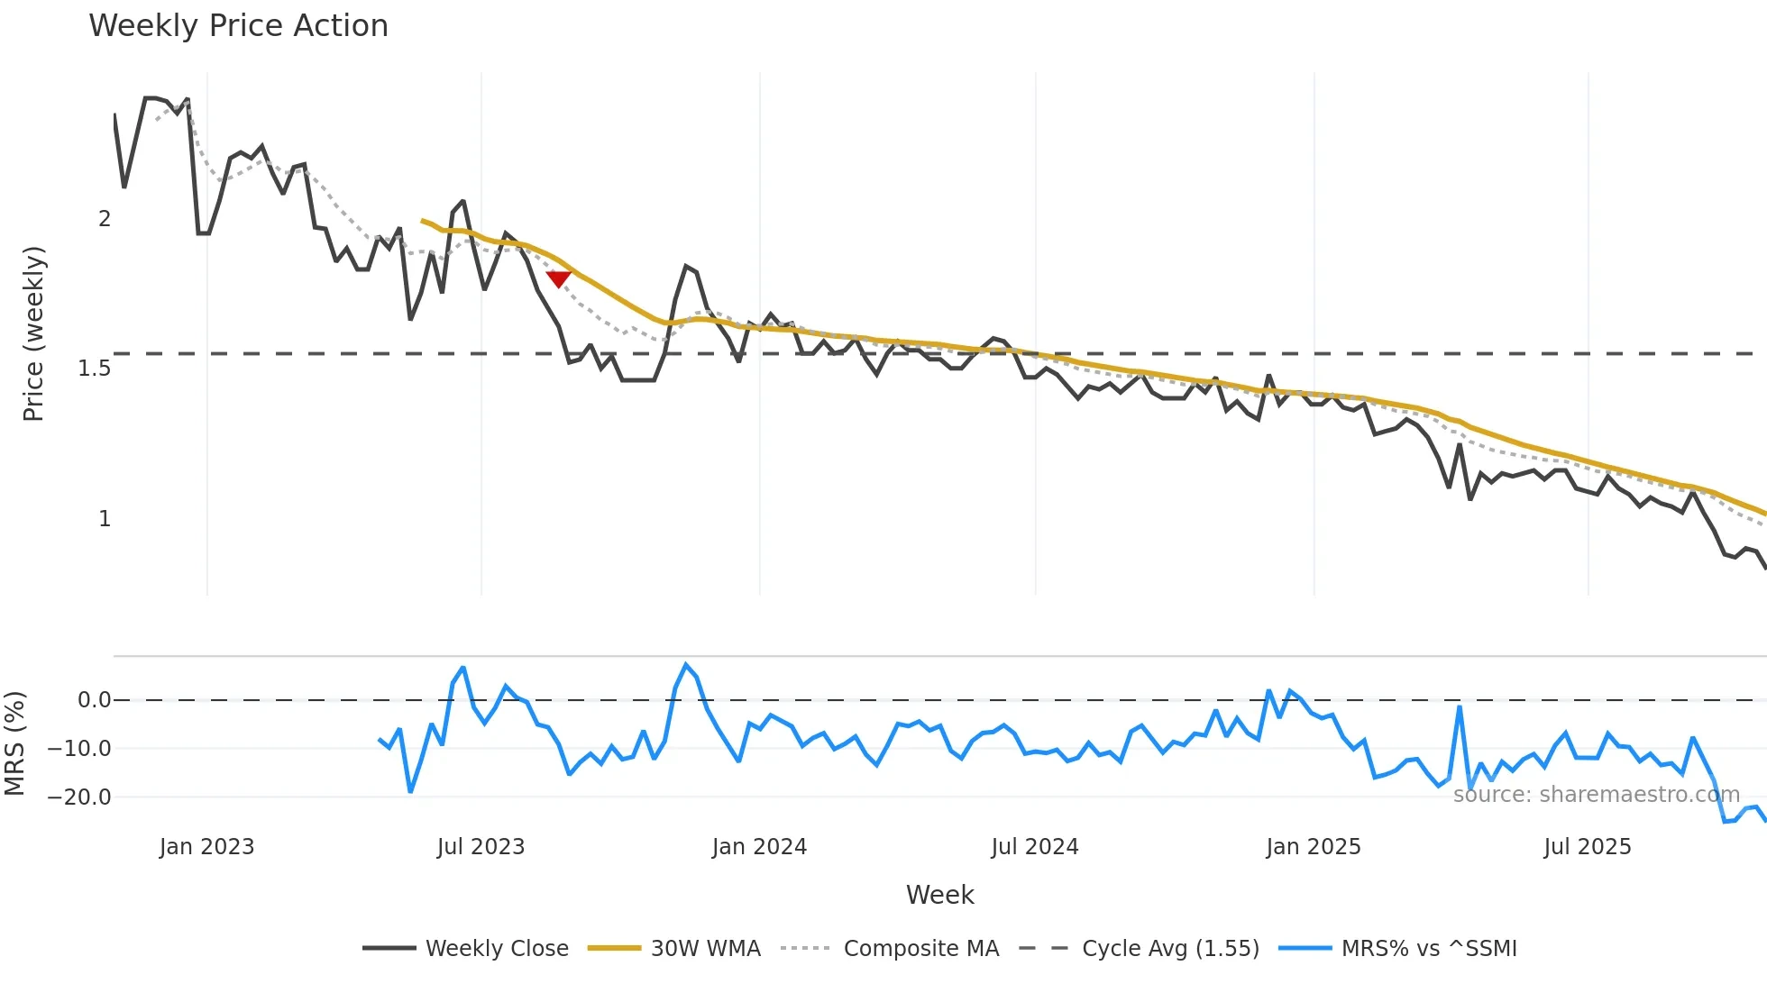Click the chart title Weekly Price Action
tap(238, 26)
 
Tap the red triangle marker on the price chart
tap(559, 278)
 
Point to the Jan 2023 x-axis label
tap(206, 847)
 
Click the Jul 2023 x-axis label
tap(481, 847)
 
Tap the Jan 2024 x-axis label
tap(759, 847)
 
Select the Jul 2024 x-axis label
tap(1035, 847)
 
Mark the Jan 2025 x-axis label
tap(1314, 847)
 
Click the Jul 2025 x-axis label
tap(1588, 847)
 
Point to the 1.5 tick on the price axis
tap(94, 369)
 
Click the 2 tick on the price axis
tap(105, 219)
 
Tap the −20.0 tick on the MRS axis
tap(79, 797)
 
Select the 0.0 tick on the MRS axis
tap(94, 700)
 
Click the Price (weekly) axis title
tap(33, 333)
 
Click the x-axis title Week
tap(939, 895)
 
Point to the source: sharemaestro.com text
tap(1596, 795)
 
